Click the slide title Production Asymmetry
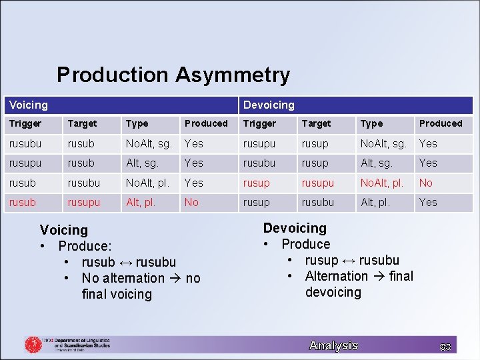pyautogui.click(x=173, y=75)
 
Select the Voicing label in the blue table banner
pyautogui.click(x=29, y=105)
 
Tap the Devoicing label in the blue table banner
pyautogui.click(x=269, y=105)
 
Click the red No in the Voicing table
pyautogui.click(x=191, y=202)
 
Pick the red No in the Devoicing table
pyautogui.click(x=425, y=183)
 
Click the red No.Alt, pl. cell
pyautogui.click(x=381, y=183)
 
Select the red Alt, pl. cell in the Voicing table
pyautogui.click(x=141, y=202)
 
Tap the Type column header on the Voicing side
pyautogui.click(x=137, y=123)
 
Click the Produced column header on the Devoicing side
pyautogui.click(x=440, y=123)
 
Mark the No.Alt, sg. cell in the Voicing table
pyautogui.click(x=149, y=143)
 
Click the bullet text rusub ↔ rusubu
pyautogui.click(x=129, y=262)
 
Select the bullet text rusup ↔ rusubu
pyautogui.click(x=352, y=260)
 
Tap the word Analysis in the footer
pyautogui.click(x=333, y=345)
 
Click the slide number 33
pyautogui.click(x=445, y=346)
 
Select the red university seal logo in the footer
pyautogui.click(x=33, y=344)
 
